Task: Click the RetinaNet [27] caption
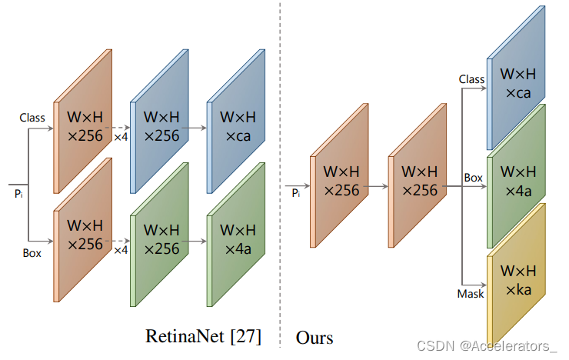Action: tap(203, 336)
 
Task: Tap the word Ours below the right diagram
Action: tap(314, 337)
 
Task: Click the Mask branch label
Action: tap(471, 293)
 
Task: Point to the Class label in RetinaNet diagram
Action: tap(32, 118)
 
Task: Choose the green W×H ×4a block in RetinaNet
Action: tap(237, 238)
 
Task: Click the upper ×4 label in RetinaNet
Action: tap(121, 137)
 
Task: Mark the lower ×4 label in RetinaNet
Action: tap(121, 250)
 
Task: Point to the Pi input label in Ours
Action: tap(296, 193)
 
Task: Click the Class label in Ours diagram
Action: tap(471, 79)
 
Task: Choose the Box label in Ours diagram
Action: tap(473, 178)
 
